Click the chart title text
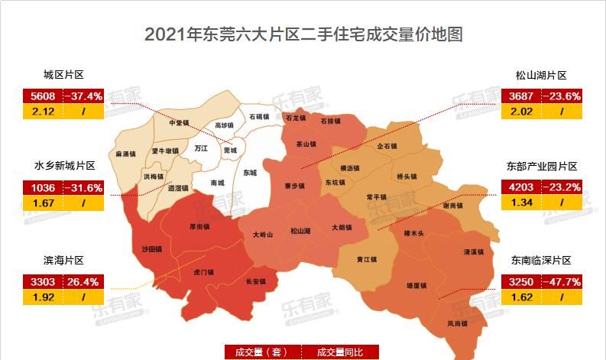tap(303, 34)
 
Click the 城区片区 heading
tap(63, 75)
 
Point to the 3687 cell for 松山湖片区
tap(523, 96)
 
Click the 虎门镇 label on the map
tap(203, 271)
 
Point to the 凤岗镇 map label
tap(458, 323)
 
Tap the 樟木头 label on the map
tap(413, 233)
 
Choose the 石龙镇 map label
tap(296, 118)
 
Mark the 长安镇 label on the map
tap(255, 281)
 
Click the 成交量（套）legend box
tap(261, 352)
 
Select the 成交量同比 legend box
tap(339, 352)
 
